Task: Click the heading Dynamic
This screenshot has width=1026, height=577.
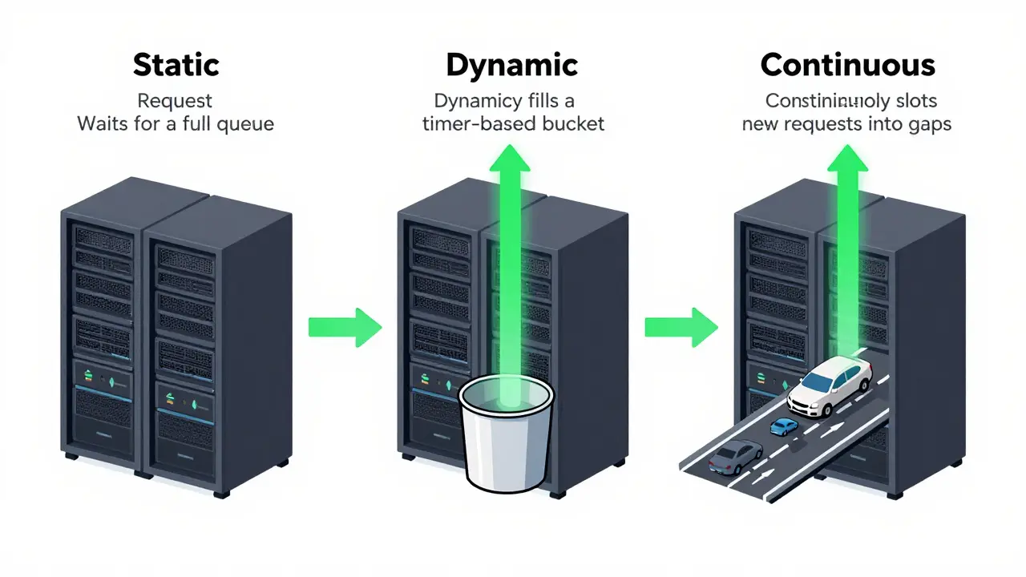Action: (x=511, y=65)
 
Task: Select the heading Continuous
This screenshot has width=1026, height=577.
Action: (x=848, y=65)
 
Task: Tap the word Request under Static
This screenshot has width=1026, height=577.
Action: (x=175, y=101)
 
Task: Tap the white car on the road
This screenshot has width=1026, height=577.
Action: (x=830, y=387)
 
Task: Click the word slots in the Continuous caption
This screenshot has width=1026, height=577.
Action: (x=912, y=101)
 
